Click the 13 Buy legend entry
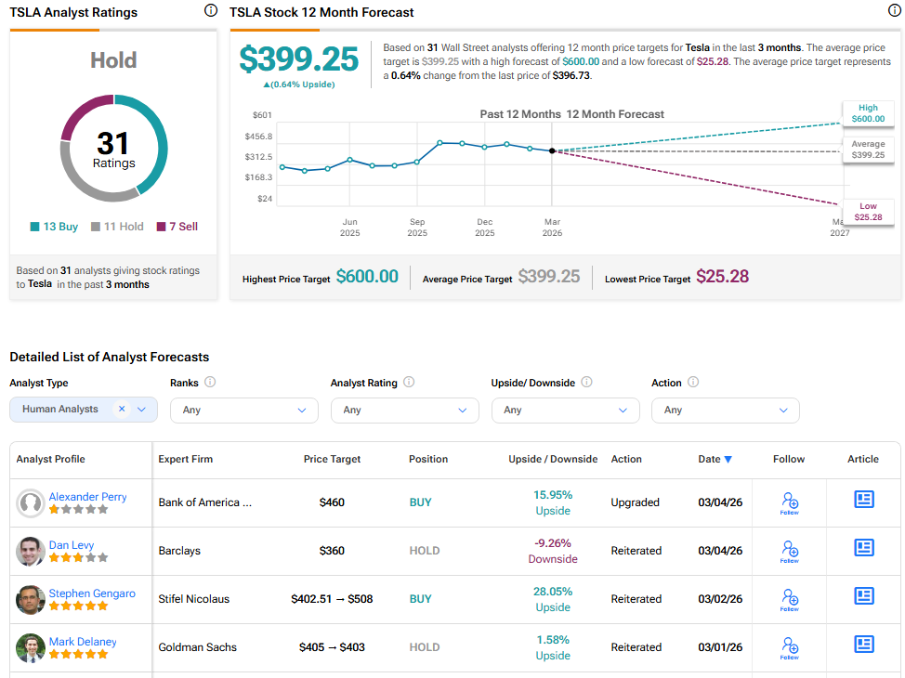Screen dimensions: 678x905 54,227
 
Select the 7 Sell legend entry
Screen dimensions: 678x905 177,227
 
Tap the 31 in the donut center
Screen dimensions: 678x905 113,144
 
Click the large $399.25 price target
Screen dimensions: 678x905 299,59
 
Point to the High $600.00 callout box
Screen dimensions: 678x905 867,113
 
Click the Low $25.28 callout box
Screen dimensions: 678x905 868,212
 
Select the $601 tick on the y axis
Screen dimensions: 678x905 262,115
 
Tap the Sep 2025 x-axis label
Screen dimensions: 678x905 417,228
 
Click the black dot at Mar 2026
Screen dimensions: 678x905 552,150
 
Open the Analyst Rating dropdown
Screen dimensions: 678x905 404,410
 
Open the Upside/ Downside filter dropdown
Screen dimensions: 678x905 565,410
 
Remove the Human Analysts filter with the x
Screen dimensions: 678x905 122,409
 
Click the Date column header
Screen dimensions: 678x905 715,459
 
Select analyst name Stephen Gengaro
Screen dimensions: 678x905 92,593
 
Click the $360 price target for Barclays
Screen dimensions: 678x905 332,551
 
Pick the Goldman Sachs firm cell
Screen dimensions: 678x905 197,647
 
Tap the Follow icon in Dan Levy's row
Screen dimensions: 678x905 789,551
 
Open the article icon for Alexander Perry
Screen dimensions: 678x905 864,500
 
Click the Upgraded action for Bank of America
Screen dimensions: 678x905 635,502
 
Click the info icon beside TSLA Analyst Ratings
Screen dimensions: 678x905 211,11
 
